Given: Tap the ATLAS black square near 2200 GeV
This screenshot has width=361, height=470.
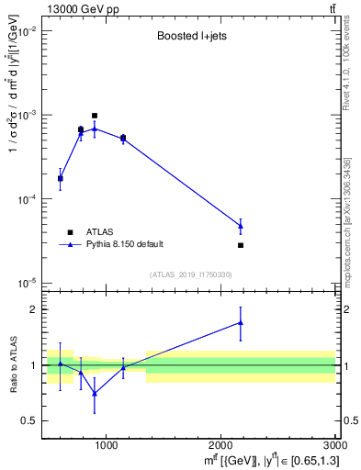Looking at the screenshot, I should click(x=241, y=245).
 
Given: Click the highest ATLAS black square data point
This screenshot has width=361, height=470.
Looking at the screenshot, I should click(x=95, y=116).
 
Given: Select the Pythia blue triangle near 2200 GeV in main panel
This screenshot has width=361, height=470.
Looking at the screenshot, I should click(x=241, y=226).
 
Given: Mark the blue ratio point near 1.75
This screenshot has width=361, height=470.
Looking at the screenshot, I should click(x=241, y=323).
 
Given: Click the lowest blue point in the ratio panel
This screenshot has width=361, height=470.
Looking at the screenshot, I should click(x=95, y=393).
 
